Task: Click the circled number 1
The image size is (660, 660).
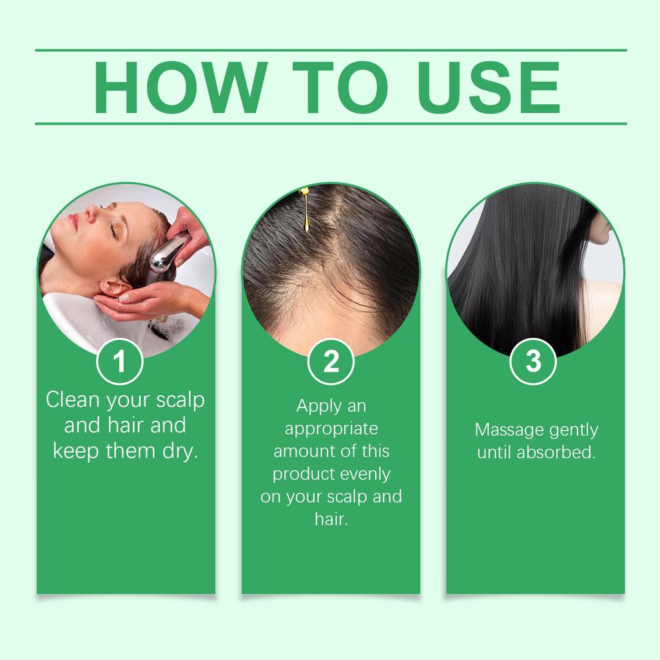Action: [119, 362]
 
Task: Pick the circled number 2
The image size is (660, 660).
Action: [331, 362]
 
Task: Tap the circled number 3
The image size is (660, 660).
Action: [534, 362]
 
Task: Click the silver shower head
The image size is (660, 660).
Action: [166, 253]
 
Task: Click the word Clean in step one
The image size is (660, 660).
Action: [73, 400]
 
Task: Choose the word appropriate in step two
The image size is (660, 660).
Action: [331, 429]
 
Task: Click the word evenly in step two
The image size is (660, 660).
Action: [366, 474]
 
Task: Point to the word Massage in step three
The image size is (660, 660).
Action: [507, 430]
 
